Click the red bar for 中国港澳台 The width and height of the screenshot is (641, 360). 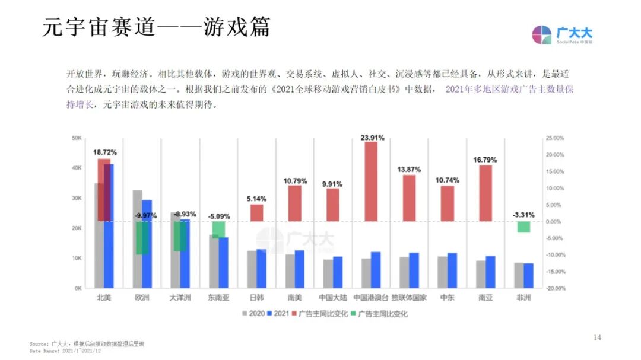pyautogui.click(x=371, y=181)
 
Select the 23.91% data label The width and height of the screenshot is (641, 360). pyautogui.click(x=372, y=138)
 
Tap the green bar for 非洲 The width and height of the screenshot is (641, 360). pyautogui.click(x=523, y=227)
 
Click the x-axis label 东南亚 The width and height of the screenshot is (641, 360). pyautogui.click(x=218, y=298)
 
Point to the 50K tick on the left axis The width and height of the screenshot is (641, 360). pyautogui.click(x=77, y=138)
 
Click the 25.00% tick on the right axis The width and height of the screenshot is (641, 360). pyautogui.click(x=555, y=138)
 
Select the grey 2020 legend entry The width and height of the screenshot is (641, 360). pyautogui.click(x=253, y=314)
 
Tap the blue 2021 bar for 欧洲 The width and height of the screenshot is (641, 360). pyautogui.click(x=147, y=244)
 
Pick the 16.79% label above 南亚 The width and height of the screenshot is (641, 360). pyautogui.click(x=485, y=160)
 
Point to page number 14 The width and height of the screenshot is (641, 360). pyautogui.click(x=597, y=337)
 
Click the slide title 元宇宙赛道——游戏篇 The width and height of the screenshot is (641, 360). pyautogui.click(x=156, y=28)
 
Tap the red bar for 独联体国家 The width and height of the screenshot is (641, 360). pyautogui.click(x=409, y=198)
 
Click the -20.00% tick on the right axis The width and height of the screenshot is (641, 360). pyautogui.click(x=555, y=289)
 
